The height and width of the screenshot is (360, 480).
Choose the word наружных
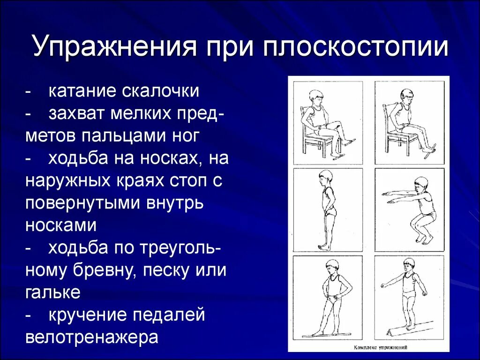coord(68,181)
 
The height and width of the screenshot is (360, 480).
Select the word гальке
coord(53,293)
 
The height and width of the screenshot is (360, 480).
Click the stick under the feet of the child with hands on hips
coord(326,335)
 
